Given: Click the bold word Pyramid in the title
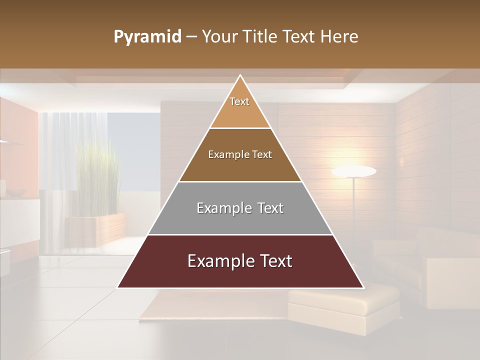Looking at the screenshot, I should click(147, 37).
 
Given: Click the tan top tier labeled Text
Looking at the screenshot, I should click(239, 107).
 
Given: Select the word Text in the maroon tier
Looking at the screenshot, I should click(274, 261).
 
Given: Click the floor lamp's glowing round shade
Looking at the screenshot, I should click(353, 171).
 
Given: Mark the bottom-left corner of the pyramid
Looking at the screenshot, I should click(118, 287).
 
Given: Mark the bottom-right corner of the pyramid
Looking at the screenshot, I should click(363, 287).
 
